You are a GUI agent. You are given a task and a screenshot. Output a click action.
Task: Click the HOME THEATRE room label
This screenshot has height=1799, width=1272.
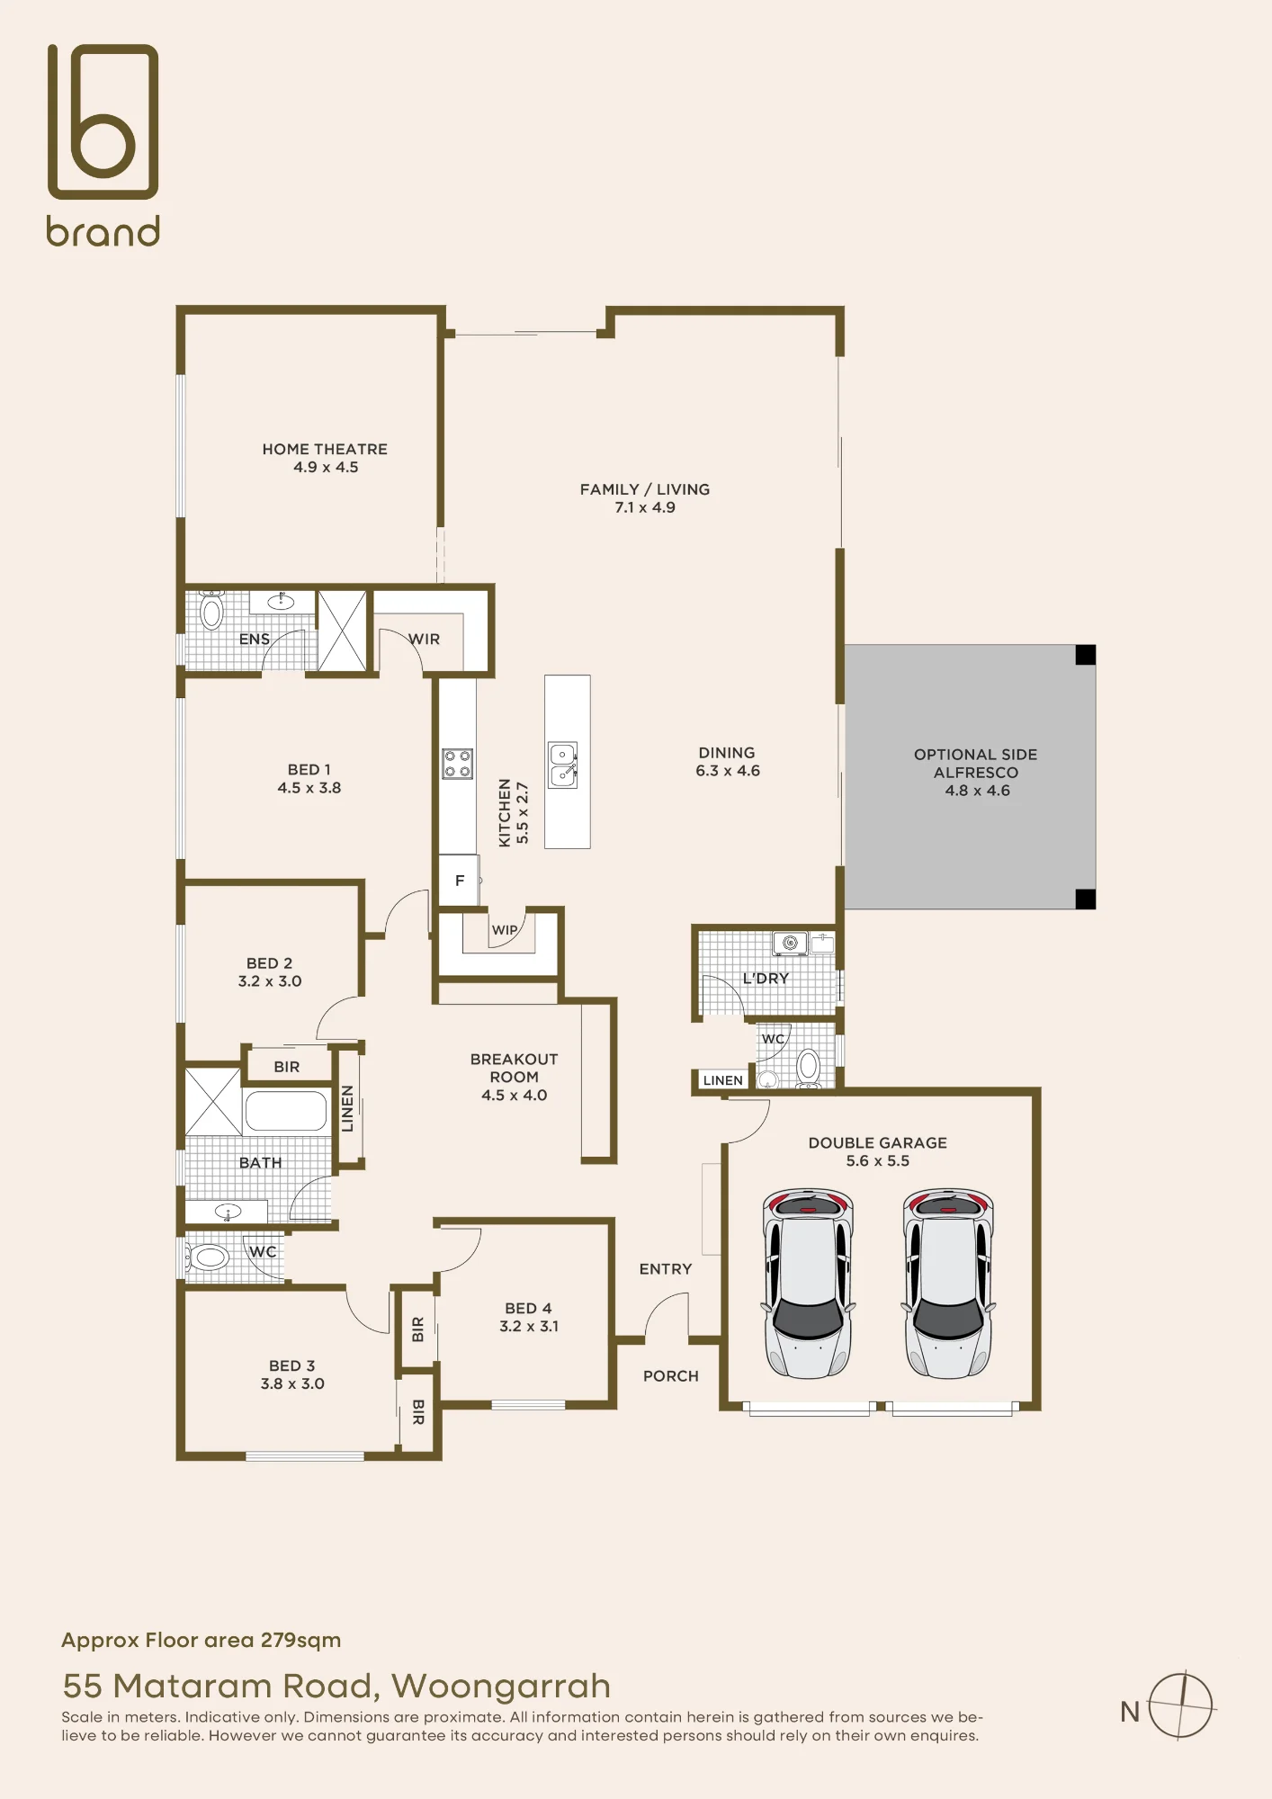[x=325, y=449]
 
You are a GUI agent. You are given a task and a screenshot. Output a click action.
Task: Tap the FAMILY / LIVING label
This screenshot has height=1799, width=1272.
[x=645, y=489]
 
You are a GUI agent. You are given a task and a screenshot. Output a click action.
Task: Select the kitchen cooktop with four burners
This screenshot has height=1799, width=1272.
[x=457, y=764]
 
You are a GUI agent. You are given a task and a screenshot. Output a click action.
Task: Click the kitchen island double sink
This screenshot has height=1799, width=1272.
[x=563, y=765]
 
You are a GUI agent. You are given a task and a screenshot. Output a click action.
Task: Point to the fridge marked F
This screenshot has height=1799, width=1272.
[x=459, y=881]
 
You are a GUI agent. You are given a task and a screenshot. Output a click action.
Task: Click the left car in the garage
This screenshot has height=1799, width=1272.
[x=808, y=1283]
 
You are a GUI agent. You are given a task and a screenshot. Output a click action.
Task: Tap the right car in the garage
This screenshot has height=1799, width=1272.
[x=948, y=1283]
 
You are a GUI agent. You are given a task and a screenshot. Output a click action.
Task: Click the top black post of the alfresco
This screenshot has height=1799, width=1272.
[x=1086, y=655]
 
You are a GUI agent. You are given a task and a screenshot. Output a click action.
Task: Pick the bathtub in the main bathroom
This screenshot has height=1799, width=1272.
[x=286, y=1111]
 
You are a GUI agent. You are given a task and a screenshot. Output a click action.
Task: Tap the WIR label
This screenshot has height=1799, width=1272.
[x=425, y=640]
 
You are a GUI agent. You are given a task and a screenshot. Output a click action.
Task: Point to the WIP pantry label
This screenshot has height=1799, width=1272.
[x=505, y=930]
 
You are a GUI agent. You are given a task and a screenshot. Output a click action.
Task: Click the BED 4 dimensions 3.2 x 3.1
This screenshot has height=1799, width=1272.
[x=529, y=1327]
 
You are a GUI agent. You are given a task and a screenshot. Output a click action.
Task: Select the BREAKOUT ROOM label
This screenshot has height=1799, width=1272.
[x=514, y=1068]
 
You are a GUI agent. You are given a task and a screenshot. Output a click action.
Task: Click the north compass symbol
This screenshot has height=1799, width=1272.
[x=1182, y=1705]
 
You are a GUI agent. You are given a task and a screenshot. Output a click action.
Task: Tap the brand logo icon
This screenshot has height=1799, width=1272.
[x=103, y=121]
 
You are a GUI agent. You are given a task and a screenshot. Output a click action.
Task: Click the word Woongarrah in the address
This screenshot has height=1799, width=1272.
[x=501, y=1686]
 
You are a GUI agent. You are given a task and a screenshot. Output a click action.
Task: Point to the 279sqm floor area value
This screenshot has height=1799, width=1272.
[x=300, y=1640]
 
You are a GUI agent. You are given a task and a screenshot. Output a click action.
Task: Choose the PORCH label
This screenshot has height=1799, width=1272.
[x=670, y=1376]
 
